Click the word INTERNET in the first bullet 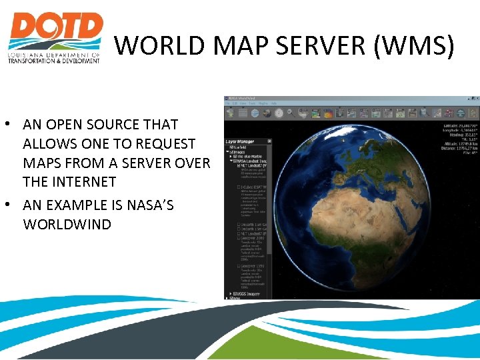pyautogui.click(x=83, y=181)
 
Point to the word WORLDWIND pyautogui.click(x=67, y=224)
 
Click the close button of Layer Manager pyautogui.click(x=269, y=141)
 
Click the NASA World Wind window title pyautogui.click(x=244, y=99)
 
